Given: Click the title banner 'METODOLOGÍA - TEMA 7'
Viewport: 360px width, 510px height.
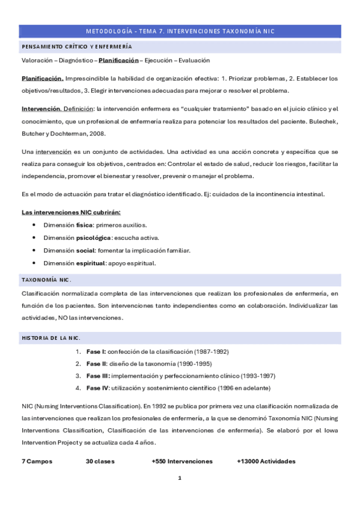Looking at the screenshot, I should (x=180, y=31).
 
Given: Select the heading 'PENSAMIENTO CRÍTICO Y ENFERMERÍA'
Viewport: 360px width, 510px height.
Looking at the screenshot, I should (x=77, y=46).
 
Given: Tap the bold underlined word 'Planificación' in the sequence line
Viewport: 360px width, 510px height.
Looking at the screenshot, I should (x=117, y=61).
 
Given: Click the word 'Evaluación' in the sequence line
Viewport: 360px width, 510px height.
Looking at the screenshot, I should (x=190, y=61).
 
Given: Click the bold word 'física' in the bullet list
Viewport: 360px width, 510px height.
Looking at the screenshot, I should (x=84, y=225).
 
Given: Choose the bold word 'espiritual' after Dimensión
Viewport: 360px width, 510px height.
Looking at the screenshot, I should (x=91, y=263).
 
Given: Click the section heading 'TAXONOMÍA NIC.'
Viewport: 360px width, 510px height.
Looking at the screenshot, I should (x=46, y=280).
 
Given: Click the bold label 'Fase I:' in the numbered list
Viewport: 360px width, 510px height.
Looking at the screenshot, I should (x=96, y=351).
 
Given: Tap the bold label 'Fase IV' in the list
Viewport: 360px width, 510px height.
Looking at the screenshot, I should (x=97, y=387).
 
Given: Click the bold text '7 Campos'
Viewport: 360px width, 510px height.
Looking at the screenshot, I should (x=37, y=461).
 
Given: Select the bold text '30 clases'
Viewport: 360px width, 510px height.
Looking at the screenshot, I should (x=100, y=461).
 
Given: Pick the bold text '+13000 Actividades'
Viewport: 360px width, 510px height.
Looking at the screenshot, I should (x=266, y=461).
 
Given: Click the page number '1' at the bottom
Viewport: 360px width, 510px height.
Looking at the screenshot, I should (x=179, y=478).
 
